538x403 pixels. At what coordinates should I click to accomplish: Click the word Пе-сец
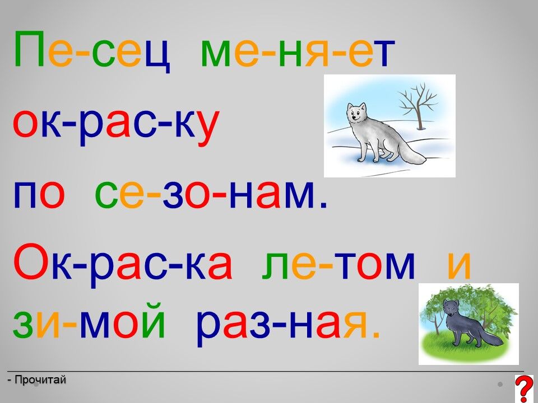click(x=92, y=51)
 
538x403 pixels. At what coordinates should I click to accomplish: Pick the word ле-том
click(x=338, y=266)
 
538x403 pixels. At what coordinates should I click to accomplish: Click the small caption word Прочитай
click(x=40, y=379)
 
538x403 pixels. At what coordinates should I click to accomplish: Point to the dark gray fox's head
click(x=450, y=308)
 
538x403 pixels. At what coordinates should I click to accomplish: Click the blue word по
click(x=39, y=195)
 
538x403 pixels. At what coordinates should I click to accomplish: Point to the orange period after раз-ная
click(x=377, y=335)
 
